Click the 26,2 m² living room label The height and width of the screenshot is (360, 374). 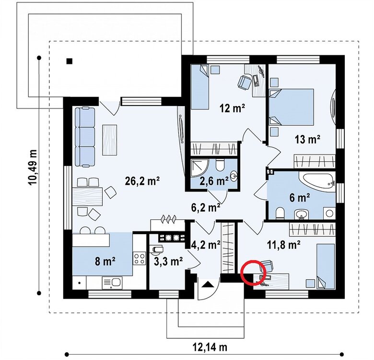point(142,181)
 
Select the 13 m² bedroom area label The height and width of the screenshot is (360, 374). point(307,139)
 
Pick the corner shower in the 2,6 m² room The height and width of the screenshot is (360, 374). point(199,168)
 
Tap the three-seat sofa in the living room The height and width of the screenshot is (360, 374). point(85,136)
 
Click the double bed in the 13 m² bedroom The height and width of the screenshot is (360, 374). point(291,107)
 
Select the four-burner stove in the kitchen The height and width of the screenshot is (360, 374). point(140,259)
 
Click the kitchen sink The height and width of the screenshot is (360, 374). point(112,283)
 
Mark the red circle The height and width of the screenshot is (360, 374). point(252,272)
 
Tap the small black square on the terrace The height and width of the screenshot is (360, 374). point(70,61)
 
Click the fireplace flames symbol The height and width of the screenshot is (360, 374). point(169,219)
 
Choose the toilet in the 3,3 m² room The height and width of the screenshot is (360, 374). point(156,249)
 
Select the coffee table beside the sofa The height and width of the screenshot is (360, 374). point(109,140)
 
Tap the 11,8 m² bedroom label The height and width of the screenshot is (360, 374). point(283,245)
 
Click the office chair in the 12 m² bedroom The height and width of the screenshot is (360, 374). point(244,83)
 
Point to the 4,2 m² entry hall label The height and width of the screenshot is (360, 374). point(206,245)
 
